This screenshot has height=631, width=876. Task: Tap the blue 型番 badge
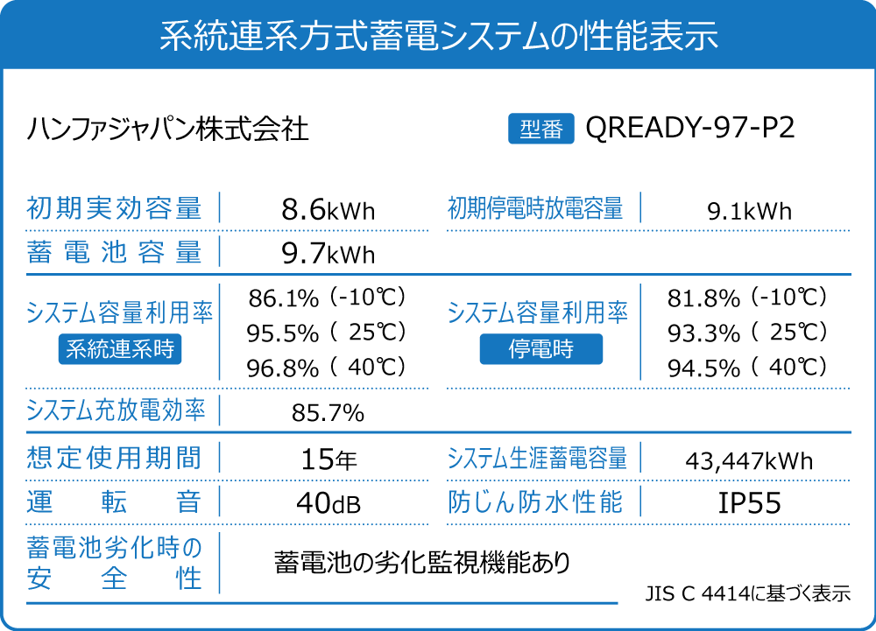coord(540,130)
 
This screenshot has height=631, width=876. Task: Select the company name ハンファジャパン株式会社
coord(168,130)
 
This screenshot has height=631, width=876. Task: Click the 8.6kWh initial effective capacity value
coord(328,210)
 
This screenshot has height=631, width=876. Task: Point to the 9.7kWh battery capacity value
coord(328,254)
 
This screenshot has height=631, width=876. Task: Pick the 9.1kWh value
coord(749,211)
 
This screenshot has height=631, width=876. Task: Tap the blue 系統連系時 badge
coord(121,349)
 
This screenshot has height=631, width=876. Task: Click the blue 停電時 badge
coord(540,349)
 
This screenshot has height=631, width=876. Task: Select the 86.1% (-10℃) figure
coord(328,298)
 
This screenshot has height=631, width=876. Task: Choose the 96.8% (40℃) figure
coord(328,368)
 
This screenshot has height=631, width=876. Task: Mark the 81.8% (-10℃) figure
coord(747,298)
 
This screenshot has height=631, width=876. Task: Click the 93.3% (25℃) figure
coord(747,333)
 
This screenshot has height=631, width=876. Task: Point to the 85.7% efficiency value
coord(328,413)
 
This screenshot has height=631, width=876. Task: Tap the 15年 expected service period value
coord(328,459)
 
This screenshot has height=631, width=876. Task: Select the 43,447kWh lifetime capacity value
coord(749,460)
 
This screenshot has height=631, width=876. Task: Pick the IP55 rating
coord(749,503)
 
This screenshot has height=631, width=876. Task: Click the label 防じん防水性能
coord(535,502)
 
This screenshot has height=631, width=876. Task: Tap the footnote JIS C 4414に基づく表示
coord(747,593)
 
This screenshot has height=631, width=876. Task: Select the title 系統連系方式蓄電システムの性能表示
coord(438,36)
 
